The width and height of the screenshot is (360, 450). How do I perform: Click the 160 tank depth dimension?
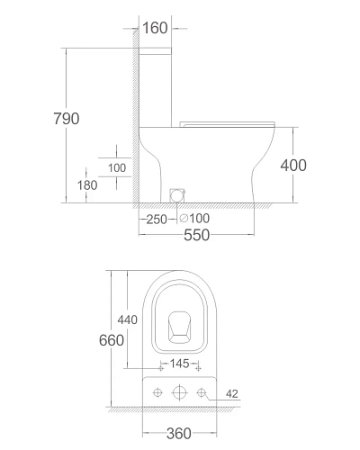[155, 28]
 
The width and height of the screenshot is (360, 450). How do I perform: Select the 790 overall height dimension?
[67, 119]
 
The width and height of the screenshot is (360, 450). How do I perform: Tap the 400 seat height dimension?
[293, 166]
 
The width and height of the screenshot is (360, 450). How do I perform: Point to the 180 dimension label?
[87, 185]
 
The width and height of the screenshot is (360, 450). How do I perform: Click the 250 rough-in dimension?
[157, 220]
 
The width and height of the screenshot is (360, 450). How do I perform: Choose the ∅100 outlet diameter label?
[194, 219]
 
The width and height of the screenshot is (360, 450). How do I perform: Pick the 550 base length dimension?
[196, 235]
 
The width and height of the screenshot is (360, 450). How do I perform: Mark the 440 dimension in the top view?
[128, 319]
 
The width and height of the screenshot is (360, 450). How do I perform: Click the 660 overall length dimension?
[112, 340]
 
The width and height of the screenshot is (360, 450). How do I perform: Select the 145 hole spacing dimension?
[180, 364]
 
